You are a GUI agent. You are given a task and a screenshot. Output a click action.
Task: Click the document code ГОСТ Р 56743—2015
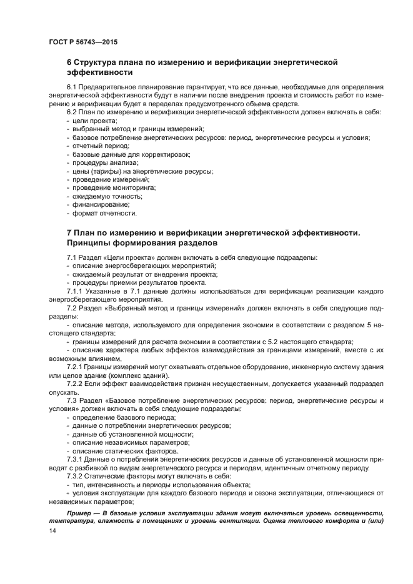point(83,42)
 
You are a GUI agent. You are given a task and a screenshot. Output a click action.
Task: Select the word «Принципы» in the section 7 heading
point(92,242)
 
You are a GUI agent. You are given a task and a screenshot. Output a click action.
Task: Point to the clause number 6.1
point(72,86)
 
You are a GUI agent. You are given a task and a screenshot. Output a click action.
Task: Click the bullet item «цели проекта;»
point(94,121)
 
